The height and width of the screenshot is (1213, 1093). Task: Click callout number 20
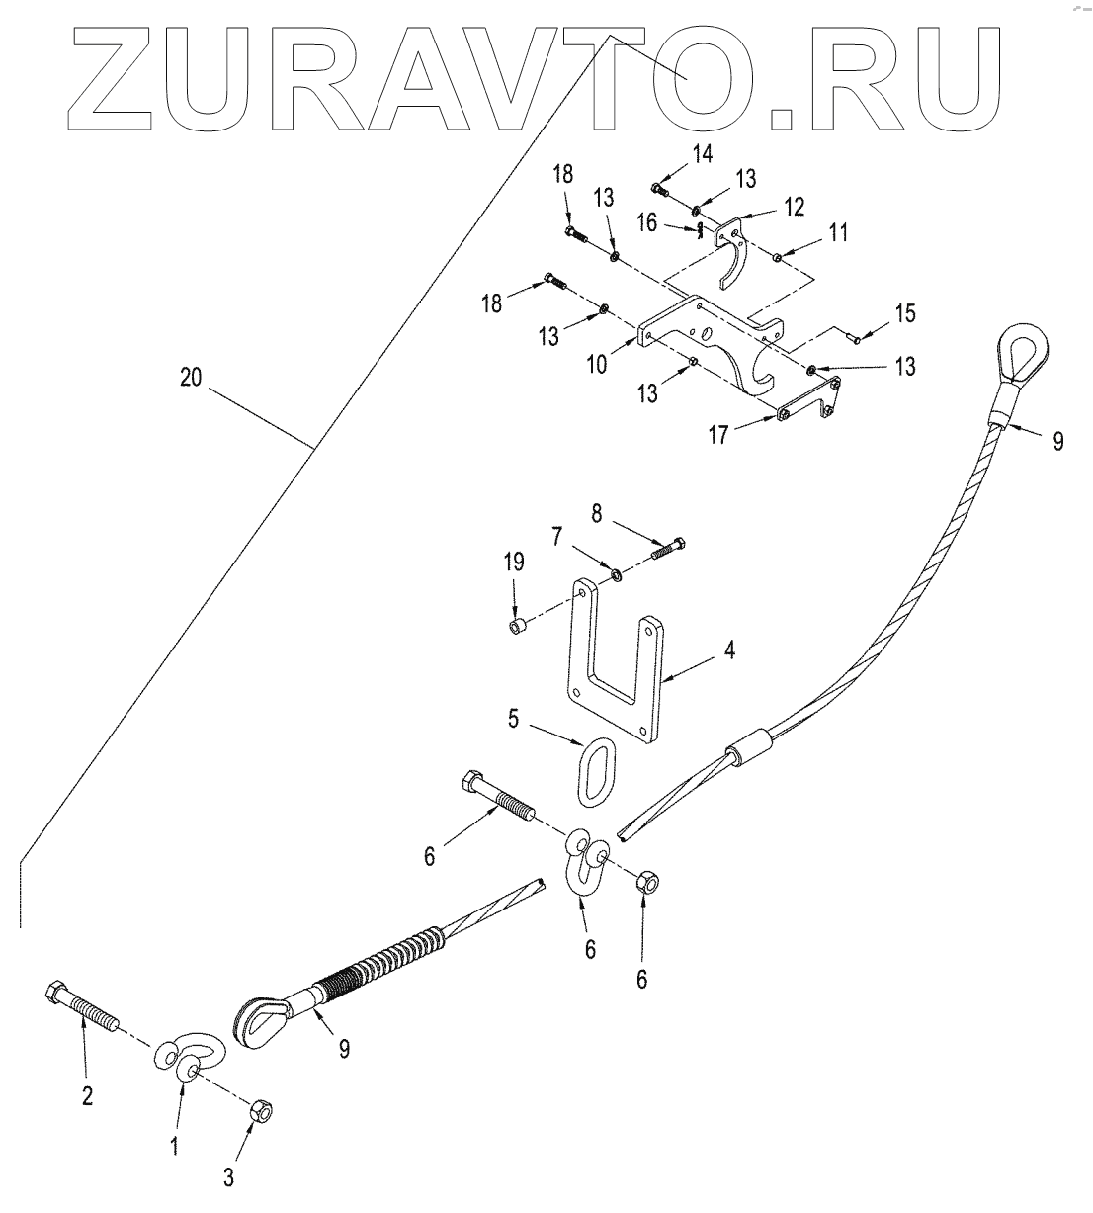pos(192,377)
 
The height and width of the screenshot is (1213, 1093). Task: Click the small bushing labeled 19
pos(516,628)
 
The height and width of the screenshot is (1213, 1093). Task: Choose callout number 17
pos(722,432)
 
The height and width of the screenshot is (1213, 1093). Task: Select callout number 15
pos(903,313)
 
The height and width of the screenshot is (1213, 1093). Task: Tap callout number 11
pos(838,233)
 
